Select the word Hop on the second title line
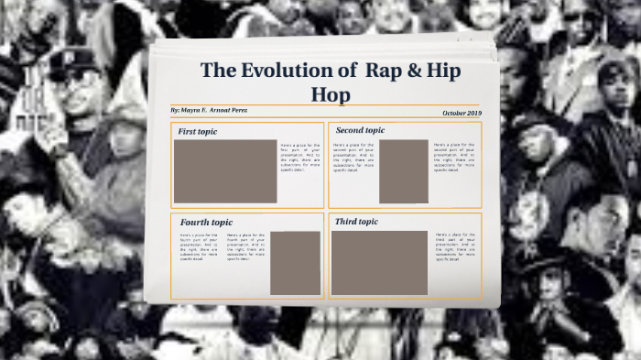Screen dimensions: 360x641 pyautogui.click(x=331, y=94)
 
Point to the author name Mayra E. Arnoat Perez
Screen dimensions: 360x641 pyautogui.click(x=210, y=110)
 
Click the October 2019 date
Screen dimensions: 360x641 pyautogui.click(x=461, y=113)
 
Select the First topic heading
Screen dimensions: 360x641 pyautogui.click(x=198, y=132)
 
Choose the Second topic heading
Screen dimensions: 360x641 pyautogui.click(x=360, y=130)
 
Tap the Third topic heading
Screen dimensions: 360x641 pyautogui.click(x=356, y=222)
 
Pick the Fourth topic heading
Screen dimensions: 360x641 pyautogui.click(x=206, y=223)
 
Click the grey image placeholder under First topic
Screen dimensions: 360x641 pyautogui.click(x=225, y=171)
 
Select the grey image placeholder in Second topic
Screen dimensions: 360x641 pyautogui.click(x=404, y=171)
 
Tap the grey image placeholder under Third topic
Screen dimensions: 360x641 pyautogui.click(x=379, y=262)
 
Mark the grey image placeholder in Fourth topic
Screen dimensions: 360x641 pyautogui.click(x=295, y=263)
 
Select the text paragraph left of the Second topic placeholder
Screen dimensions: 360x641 pyautogui.click(x=353, y=157)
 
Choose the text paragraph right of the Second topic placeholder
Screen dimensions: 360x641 pyautogui.click(x=454, y=157)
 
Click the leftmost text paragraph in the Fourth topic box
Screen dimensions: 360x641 pyautogui.click(x=200, y=247)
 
